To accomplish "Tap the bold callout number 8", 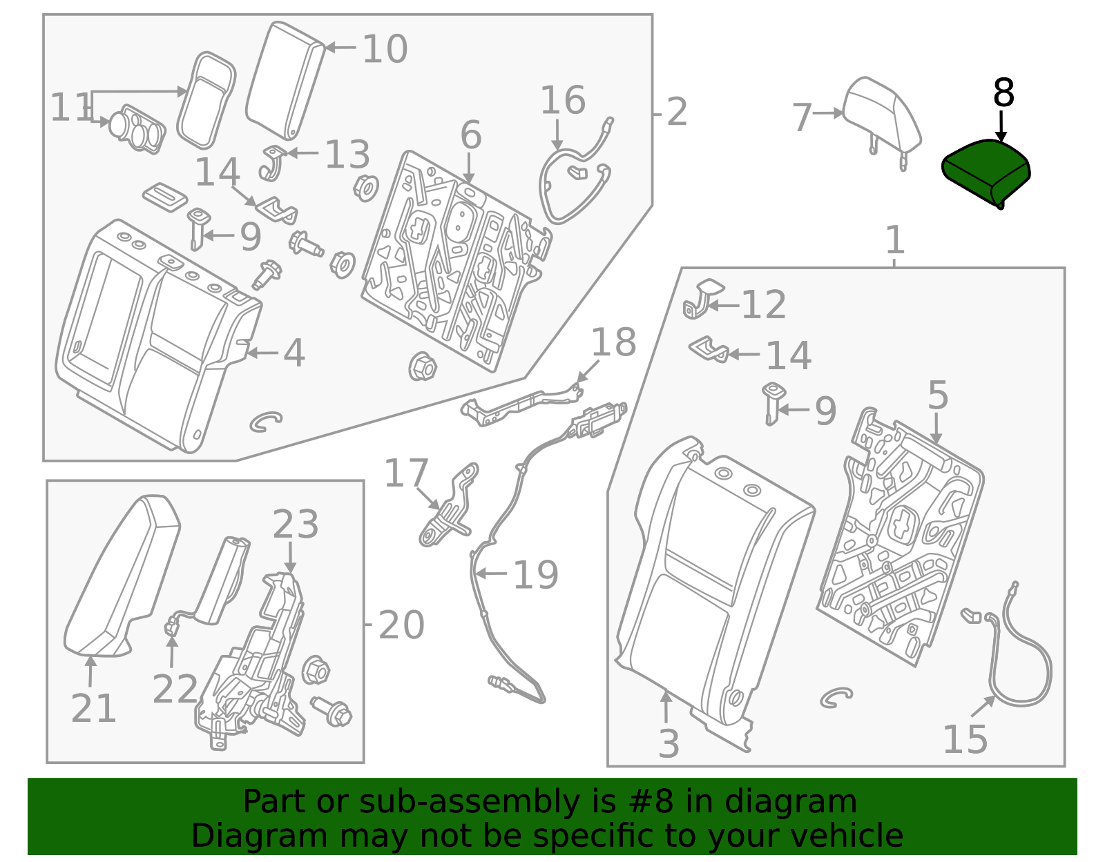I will pyautogui.click(x=1003, y=93).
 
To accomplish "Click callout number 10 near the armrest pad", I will pyautogui.click(x=385, y=50).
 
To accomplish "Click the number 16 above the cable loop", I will pyautogui.click(x=562, y=101).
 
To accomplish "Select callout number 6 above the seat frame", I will pyautogui.click(x=470, y=135).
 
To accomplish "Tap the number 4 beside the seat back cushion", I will pyautogui.click(x=294, y=353).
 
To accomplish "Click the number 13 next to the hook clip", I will pyautogui.click(x=347, y=155).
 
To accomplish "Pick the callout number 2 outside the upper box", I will pyautogui.click(x=677, y=112).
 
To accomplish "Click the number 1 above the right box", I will pyautogui.click(x=894, y=241).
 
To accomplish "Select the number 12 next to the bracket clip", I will pyautogui.click(x=763, y=305).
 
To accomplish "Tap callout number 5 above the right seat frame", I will pyautogui.click(x=937, y=396).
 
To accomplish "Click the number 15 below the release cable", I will pyautogui.click(x=965, y=739).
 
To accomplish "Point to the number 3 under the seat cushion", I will pyautogui.click(x=668, y=744).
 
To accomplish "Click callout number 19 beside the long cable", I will pyautogui.click(x=535, y=575).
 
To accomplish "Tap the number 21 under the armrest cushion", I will pyautogui.click(x=93, y=708).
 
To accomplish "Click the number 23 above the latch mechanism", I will pyautogui.click(x=295, y=525).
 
